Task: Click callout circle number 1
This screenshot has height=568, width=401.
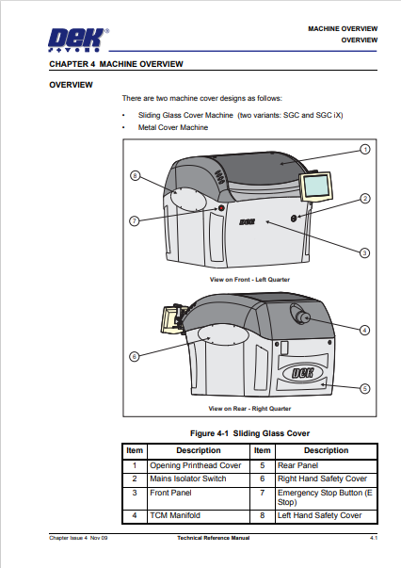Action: (x=365, y=149)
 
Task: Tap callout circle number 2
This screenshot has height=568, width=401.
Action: (x=365, y=199)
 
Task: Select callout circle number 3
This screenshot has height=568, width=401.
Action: (x=365, y=252)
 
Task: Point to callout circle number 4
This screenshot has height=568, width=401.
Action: (x=365, y=330)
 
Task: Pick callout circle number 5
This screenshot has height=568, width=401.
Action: (x=365, y=387)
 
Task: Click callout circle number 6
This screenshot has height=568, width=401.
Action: (x=135, y=356)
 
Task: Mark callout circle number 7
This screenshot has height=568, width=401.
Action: (x=135, y=220)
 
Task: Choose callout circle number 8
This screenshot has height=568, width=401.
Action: (x=135, y=175)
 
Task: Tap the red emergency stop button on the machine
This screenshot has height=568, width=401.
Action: (x=221, y=207)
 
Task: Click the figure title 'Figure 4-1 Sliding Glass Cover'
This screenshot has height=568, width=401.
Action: (x=249, y=432)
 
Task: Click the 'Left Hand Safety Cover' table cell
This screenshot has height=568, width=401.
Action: (x=326, y=515)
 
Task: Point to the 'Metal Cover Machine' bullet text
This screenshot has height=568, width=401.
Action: (x=173, y=126)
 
